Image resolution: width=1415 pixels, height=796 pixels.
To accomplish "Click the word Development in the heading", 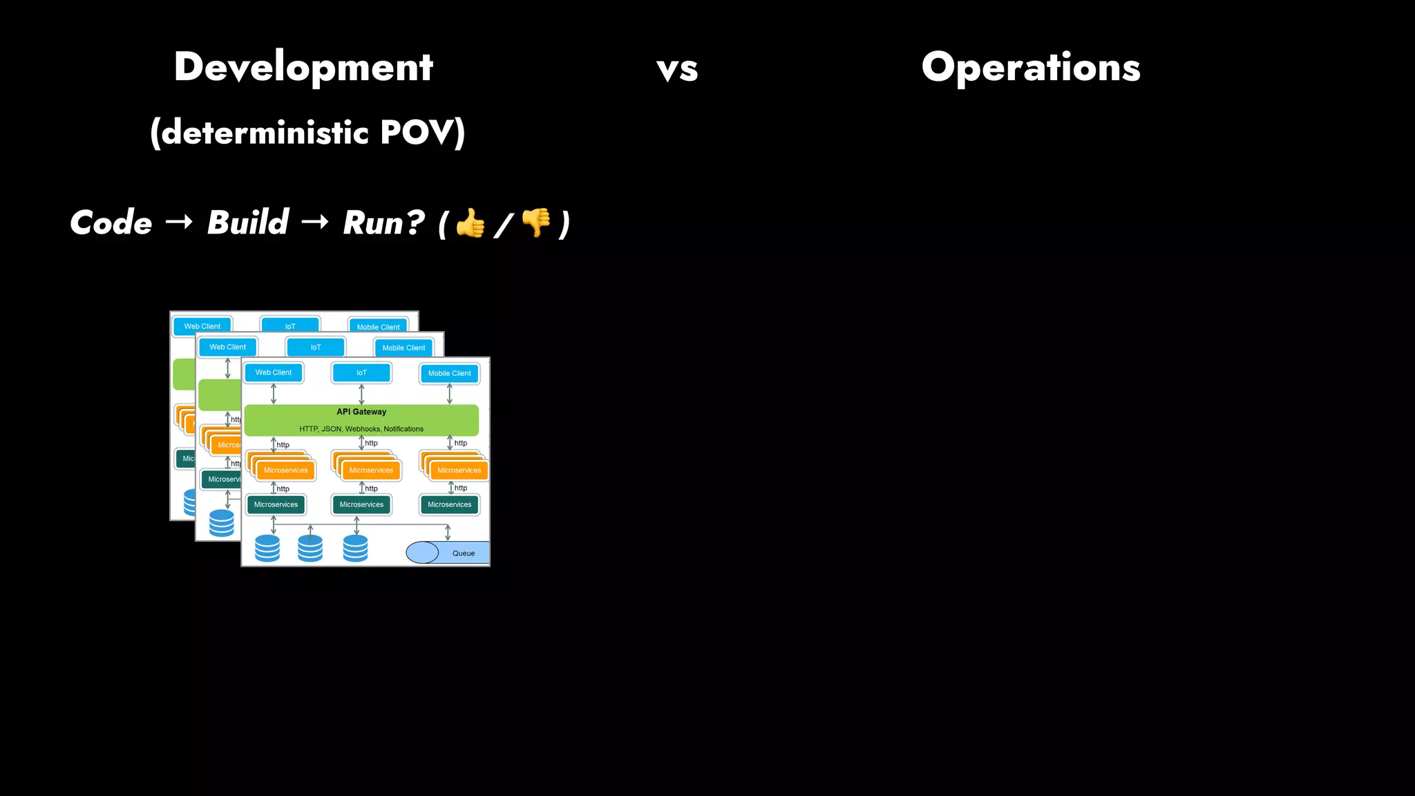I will (303, 68).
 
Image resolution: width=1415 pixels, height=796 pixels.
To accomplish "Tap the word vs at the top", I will (677, 69).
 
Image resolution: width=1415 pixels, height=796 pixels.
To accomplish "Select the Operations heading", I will (1030, 68).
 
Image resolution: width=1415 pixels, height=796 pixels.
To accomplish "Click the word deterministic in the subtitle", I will (265, 132).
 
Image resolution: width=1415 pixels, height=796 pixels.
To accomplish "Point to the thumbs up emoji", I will (471, 223).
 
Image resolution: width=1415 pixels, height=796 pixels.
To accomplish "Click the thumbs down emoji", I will (536, 222).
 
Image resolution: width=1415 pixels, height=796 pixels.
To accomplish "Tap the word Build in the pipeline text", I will (247, 222).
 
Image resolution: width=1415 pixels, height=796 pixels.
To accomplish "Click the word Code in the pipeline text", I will (111, 222).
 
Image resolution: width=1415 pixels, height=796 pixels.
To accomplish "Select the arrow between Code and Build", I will (179, 222).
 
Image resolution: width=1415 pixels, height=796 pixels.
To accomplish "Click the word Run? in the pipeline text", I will (384, 222).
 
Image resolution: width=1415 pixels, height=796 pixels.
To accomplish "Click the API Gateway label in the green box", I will (361, 412).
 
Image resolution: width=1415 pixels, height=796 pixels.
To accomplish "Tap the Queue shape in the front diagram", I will (447, 553).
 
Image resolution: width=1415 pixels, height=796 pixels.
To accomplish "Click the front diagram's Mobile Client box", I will (449, 373).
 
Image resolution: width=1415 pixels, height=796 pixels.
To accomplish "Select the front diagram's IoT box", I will (361, 372).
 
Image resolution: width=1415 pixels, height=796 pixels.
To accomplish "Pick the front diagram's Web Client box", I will (274, 372).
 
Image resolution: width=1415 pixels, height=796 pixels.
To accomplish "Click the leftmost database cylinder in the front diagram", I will (267, 548).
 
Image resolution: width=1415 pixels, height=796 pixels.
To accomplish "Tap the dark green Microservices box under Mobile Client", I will (449, 504).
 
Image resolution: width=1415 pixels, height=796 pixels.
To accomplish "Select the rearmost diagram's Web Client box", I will (202, 326).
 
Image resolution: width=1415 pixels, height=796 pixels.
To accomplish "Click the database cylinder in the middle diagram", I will (221, 523).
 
